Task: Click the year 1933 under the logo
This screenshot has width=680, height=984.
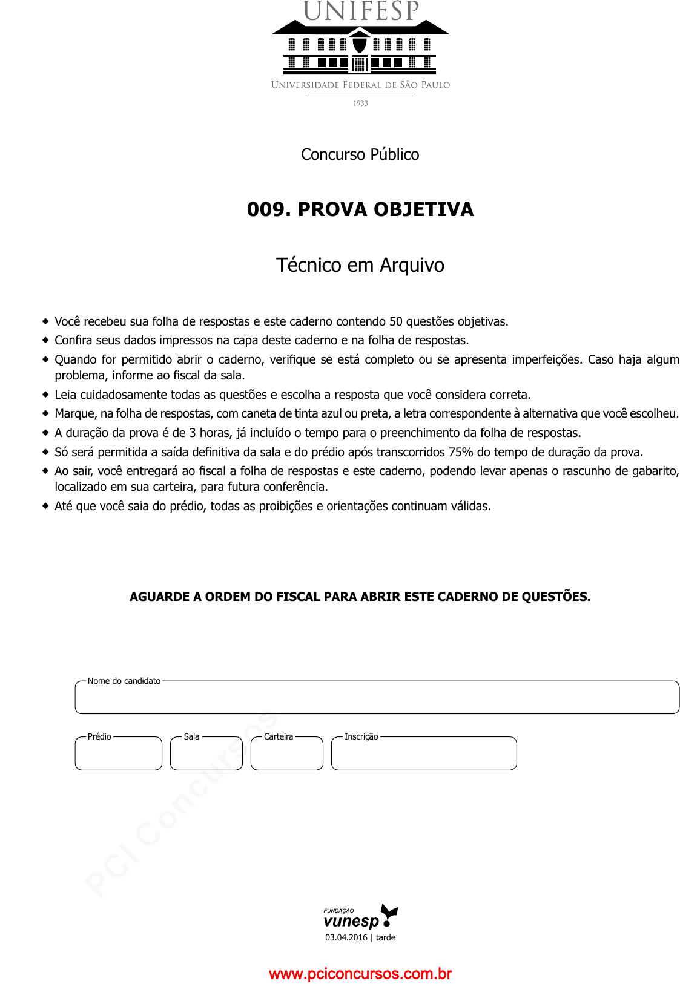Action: (360, 103)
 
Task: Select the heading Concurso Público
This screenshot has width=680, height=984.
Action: (360, 154)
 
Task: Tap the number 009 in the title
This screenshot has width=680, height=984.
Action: (265, 209)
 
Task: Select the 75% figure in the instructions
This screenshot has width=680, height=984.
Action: (461, 452)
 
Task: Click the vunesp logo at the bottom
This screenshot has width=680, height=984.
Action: (360, 917)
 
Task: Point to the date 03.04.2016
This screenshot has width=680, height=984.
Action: (346, 937)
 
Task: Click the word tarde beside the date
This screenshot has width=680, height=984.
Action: (386, 937)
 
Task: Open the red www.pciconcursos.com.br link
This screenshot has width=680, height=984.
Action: (360, 974)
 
